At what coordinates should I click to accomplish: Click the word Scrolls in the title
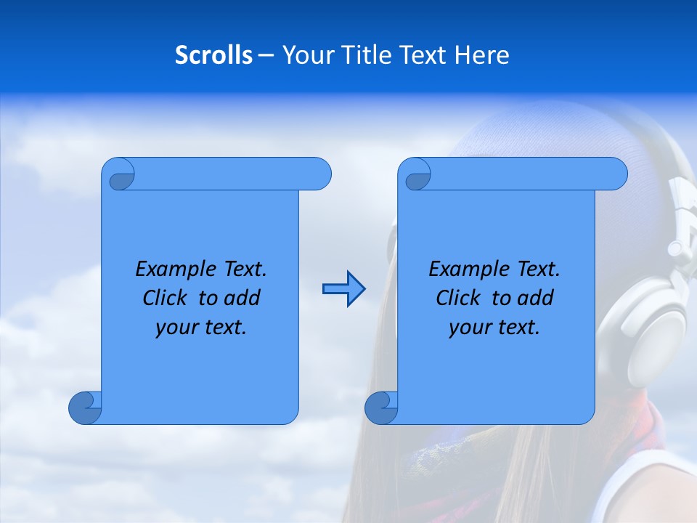tap(213, 55)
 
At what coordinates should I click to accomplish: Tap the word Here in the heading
tap(482, 55)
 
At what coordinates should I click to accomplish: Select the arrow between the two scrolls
tap(344, 289)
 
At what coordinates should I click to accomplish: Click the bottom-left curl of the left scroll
tap(86, 408)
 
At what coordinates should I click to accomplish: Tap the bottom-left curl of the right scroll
tap(382, 408)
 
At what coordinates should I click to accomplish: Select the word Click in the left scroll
tap(166, 298)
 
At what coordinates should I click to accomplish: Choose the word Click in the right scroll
tap(458, 298)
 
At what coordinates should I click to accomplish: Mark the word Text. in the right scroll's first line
tap(538, 269)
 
